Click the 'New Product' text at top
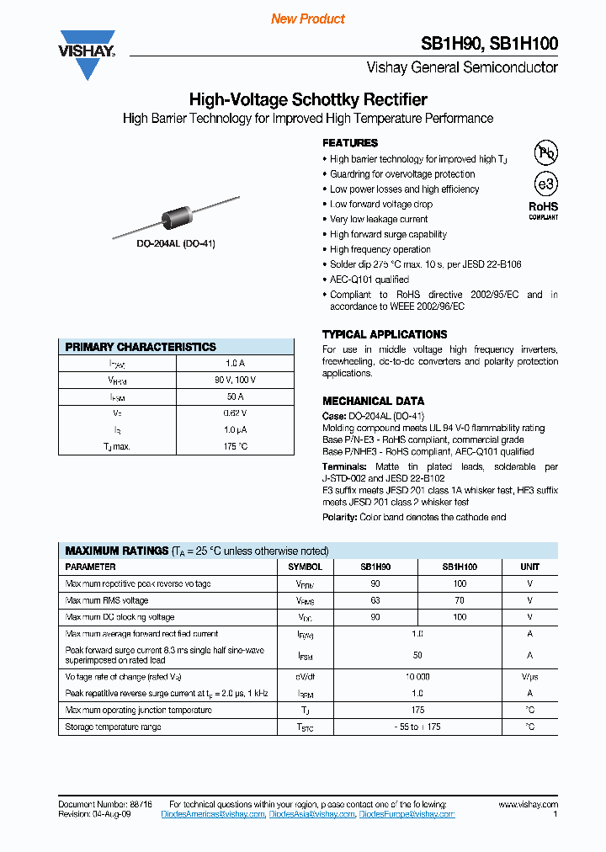(307, 19)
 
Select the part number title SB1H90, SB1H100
(489, 45)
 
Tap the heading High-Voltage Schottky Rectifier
(308, 99)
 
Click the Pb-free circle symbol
(546, 152)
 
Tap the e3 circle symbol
(546, 184)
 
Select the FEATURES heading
(350, 143)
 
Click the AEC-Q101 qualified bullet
(369, 280)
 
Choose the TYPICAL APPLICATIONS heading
(385, 334)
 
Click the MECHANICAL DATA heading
(373, 401)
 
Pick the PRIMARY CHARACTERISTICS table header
(141, 347)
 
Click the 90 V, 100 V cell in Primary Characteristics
(235, 380)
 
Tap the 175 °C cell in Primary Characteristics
(235, 446)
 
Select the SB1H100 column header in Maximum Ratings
(460, 567)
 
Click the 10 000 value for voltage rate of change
(417, 677)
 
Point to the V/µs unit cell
(529, 677)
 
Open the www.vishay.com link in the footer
(528, 805)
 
